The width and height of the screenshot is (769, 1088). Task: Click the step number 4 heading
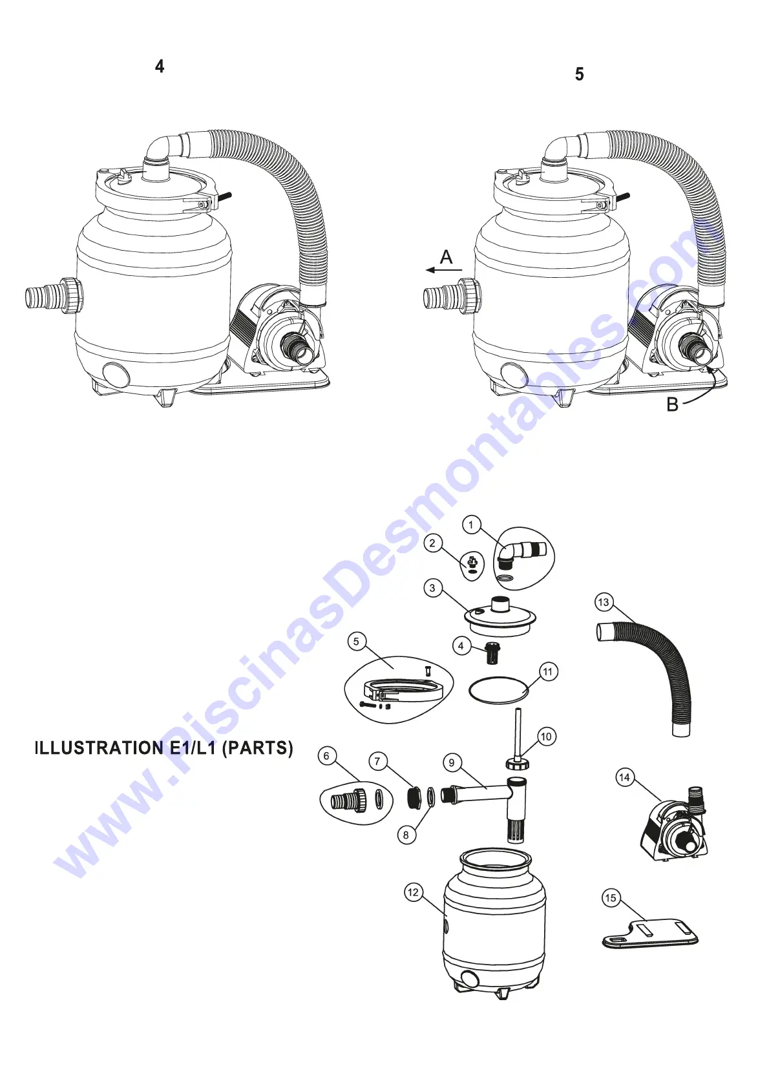(x=160, y=67)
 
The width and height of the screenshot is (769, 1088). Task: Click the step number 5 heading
(x=579, y=74)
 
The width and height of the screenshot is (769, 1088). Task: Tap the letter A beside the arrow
(x=446, y=257)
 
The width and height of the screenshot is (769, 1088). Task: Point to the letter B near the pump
(x=673, y=405)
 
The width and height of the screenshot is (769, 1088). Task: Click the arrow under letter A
(x=443, y=270)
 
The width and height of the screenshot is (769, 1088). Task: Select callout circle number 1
(x=471, y=524)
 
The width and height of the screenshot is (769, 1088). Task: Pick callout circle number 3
(x=432, y=588)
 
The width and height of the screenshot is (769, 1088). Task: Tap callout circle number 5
(x=356, y=642)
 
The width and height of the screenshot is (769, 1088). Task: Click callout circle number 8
(x=406, y=835)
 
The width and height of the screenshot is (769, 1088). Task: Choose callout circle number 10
(x=546, y=737)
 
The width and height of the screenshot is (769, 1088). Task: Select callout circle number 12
(x=414, y=893)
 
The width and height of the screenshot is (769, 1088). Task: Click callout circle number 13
(x=603, y=603)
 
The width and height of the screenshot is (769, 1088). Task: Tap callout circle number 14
(x=624, y=777)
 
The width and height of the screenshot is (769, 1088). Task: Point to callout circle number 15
(x=611, y=898)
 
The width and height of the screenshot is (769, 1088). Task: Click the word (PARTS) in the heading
(x=257, y=748)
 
